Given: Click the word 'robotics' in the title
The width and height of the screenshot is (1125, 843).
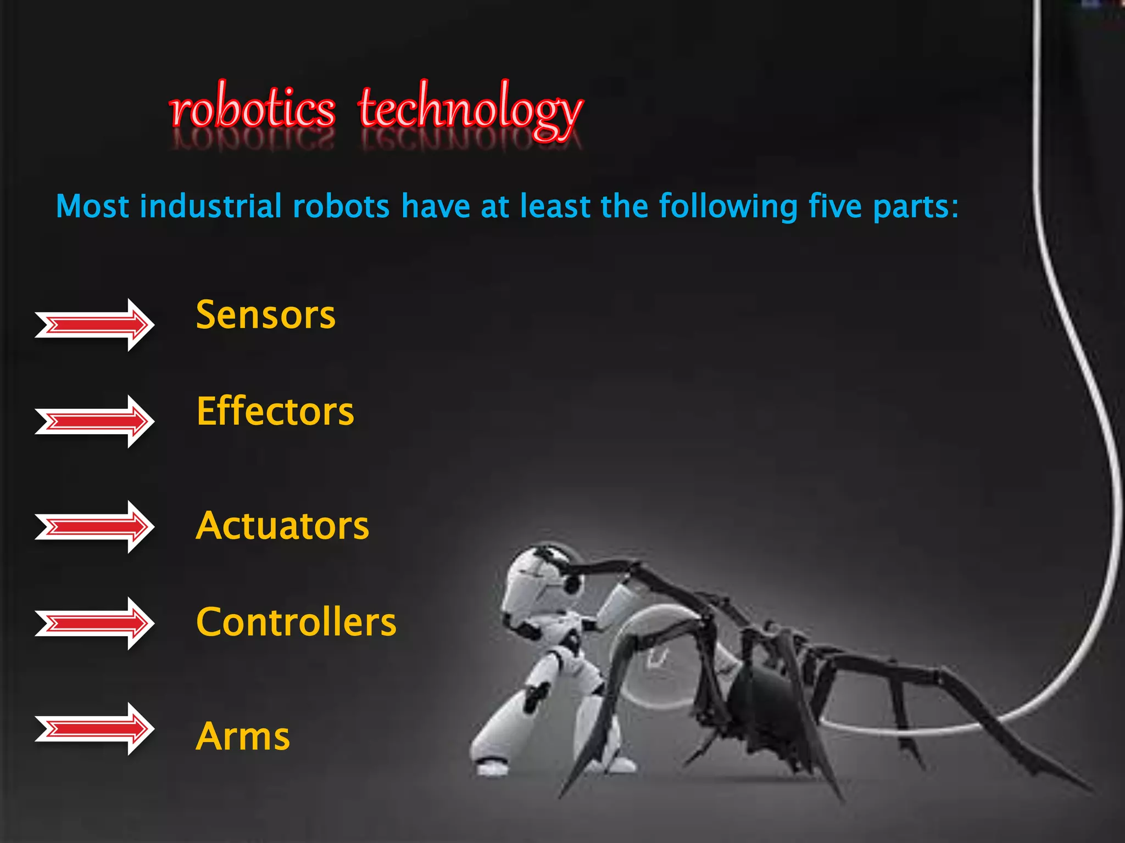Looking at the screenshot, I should [252, 110].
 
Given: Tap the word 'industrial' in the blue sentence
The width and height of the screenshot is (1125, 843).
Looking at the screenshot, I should [210, 206].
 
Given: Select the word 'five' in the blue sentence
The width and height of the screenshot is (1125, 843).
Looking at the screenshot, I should [835, 206].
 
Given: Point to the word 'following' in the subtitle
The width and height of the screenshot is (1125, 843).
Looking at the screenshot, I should [728, 207].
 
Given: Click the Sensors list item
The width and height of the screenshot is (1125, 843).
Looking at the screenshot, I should [265, 315].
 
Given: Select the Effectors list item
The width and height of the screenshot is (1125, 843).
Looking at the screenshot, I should [275, 412].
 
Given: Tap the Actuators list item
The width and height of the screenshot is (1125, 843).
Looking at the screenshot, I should [282, 526].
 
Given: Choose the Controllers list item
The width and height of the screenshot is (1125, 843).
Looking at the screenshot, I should [296, 622].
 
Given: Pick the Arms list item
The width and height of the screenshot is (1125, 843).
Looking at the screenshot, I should [243, 737].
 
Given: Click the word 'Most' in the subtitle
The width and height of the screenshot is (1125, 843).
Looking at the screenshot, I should [92, 206].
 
